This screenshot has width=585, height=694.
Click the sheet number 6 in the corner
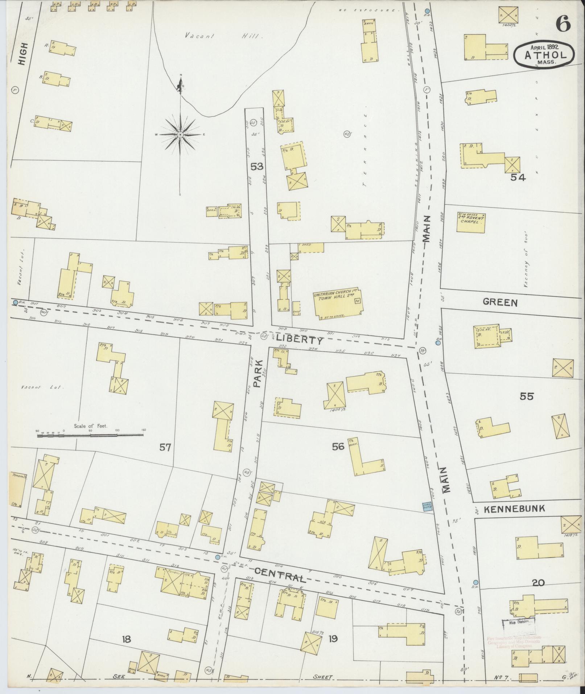(x=563, y=25)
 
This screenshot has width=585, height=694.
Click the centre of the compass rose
(x=180, y=135)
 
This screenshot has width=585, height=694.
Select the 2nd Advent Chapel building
(x=471, y=222)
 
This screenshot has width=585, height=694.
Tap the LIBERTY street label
(x=299, y=340)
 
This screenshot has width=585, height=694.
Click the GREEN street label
(x=500, y=302)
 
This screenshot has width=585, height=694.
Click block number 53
(x=257, y=167)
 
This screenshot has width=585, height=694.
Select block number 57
(x=165, y=448)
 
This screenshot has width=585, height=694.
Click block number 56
(x=338, y=447)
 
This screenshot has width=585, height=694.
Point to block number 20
(x=538, y=583)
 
